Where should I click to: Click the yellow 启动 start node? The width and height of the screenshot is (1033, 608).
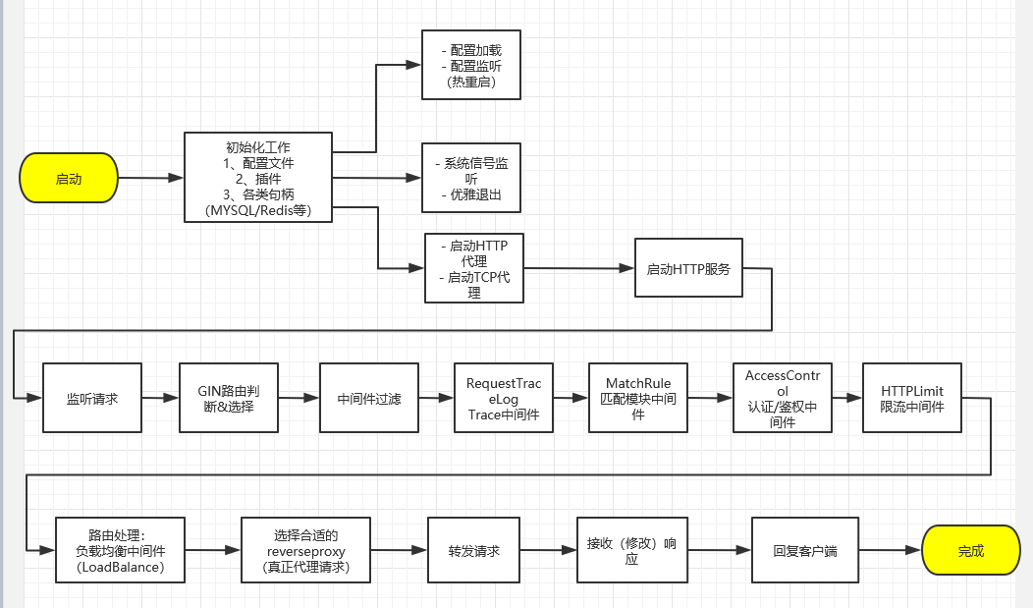click(69, 179)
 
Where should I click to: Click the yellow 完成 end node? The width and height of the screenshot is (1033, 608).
click(970, 551)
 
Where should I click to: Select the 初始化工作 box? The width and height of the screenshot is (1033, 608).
click(258, 178)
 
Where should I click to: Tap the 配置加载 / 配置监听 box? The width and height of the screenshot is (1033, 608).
click(470, 65)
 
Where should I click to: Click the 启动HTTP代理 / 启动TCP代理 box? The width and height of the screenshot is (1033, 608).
click(474, 268)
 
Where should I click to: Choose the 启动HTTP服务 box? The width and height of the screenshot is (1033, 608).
click(687, 269)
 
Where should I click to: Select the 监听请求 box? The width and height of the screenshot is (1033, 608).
click(92, 398)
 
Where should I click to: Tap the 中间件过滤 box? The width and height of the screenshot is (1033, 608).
click(368, 398)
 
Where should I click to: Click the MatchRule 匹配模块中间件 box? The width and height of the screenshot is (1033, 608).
click(638, 398)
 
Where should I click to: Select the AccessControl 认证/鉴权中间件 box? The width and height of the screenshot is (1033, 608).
click(782, 398)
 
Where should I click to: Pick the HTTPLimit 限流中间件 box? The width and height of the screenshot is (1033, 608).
click(911, 398)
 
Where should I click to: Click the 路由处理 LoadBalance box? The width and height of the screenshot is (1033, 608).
click(120, 551)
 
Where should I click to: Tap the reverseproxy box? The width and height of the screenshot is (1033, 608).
click(305, 551)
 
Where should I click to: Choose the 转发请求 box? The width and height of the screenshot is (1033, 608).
click(474, 551)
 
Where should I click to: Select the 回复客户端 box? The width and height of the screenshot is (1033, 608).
click(804, 551)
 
